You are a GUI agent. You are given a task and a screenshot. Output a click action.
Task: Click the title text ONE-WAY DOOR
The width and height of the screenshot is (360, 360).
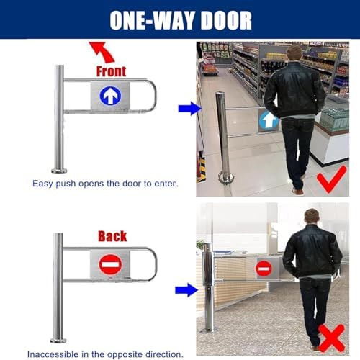[x=179, y=19]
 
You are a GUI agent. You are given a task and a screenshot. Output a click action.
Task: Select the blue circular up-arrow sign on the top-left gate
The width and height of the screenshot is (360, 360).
[x=109, y=95]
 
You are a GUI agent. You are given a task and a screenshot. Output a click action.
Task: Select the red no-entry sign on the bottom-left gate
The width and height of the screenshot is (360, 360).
[x=109, y=266]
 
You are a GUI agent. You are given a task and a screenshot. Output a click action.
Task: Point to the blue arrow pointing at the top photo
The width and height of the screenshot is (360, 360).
[x=188, y=109]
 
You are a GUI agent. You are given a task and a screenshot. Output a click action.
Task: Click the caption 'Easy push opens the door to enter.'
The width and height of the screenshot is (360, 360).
[x=105, y=184]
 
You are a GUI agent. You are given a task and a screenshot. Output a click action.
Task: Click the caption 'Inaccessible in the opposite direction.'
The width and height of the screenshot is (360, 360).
[x=105, y=354]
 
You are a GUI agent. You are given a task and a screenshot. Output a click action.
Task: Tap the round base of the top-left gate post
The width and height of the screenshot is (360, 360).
[x=59, y=170]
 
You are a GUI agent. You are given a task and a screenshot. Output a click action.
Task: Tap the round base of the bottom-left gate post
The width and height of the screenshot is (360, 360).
[x=59, y=339]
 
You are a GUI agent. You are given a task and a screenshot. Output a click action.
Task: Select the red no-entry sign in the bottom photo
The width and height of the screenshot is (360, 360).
[x=264, y=268]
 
